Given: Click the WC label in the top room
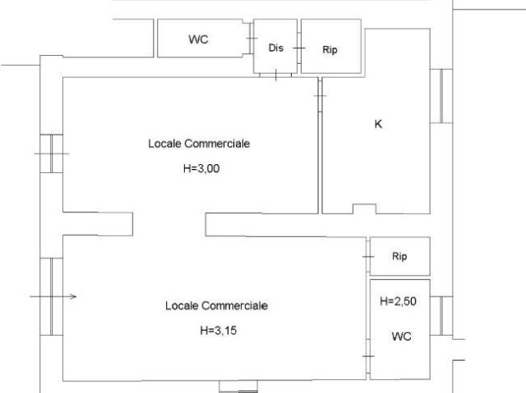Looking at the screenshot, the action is tap(198, 39).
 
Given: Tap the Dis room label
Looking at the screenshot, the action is tap(276, 48).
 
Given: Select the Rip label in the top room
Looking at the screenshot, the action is tap(330, 50).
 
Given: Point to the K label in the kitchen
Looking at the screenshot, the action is tap(378, 124).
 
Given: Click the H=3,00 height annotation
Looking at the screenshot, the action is tap(201, 168).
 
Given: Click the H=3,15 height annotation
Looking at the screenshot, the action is tap(218, 331).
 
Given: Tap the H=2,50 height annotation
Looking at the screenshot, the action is tap(398, 301).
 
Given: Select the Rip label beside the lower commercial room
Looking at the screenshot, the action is tap(399, 257).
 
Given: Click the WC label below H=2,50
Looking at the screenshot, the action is tap(401, 336).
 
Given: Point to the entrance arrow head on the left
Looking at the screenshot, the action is tap(73, 296).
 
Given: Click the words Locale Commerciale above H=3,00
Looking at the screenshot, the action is tap(199, 144).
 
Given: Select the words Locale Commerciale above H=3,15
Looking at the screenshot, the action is tap(216, 306).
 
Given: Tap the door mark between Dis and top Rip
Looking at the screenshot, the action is tap(299, 48).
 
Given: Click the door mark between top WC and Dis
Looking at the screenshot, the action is tap(251, 39).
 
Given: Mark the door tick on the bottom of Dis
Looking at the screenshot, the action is tap(276, 75).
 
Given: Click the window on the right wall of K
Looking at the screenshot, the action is tap(441, 96).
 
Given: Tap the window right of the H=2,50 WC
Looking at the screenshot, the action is tap(441, 316).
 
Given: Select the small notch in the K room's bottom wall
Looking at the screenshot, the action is tap(364, 208).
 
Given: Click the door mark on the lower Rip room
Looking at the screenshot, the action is tap(368, 257).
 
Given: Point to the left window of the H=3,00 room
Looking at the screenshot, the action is tap(51, 153).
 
